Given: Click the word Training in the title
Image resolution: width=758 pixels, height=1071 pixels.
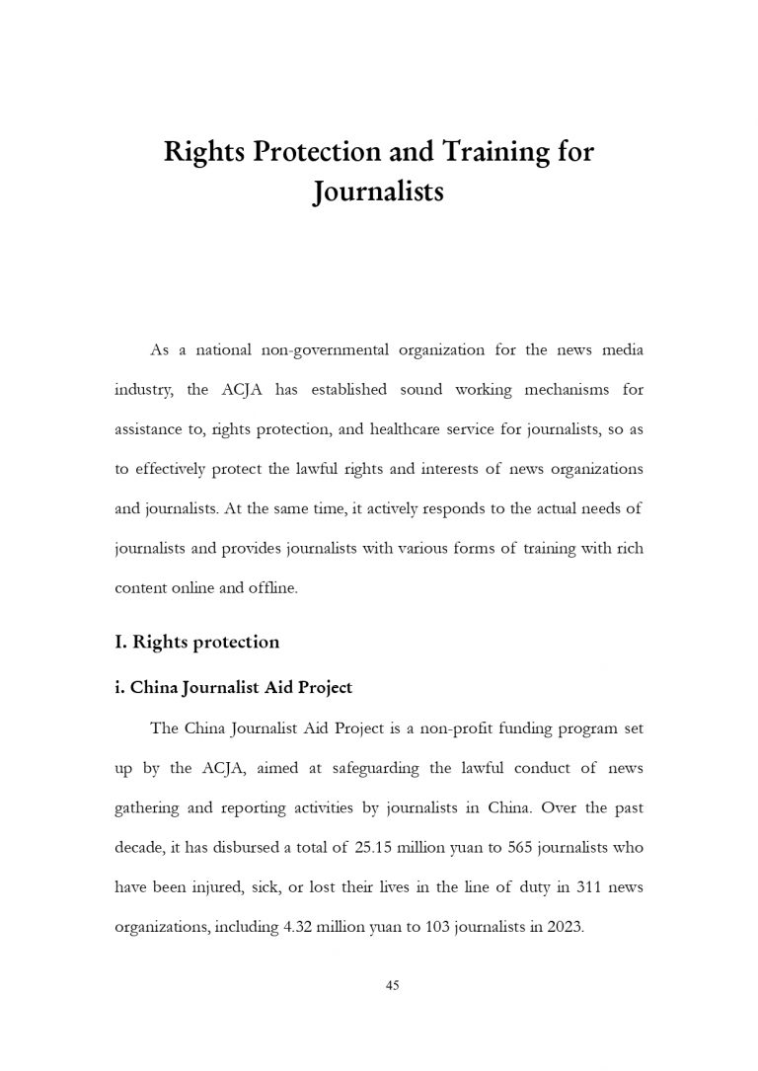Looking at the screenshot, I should [x=478, y=153].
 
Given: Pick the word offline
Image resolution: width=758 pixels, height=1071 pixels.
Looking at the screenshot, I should [x=281, y=587].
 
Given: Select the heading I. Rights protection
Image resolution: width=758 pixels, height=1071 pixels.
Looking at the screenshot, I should [x=197, y=643].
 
